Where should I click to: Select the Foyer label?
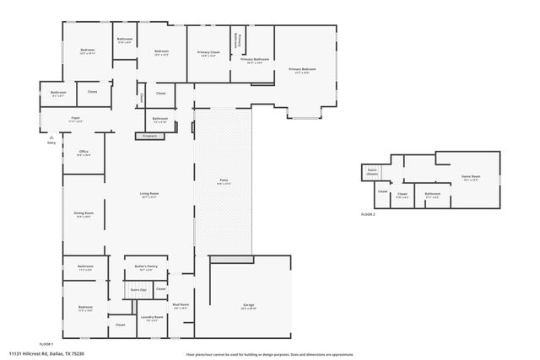click(75, 119)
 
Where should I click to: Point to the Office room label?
click(84, 153)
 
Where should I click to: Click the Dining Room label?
click(84, 214)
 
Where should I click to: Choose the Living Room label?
click(149, 195)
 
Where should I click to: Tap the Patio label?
click(224, 181)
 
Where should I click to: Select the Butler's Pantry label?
click(147, 267)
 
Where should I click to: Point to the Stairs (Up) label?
click(138, 289)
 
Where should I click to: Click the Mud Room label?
click(181, 305)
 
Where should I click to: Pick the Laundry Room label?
click(153, 318)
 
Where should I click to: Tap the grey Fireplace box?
click(149, 136)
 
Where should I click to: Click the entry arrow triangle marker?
click(52, 136)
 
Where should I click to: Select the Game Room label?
click(470, 177)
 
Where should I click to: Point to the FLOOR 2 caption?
click(367, 215)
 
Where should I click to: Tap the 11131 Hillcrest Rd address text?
click(47, 352)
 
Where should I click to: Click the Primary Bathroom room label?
click(255, 60)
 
